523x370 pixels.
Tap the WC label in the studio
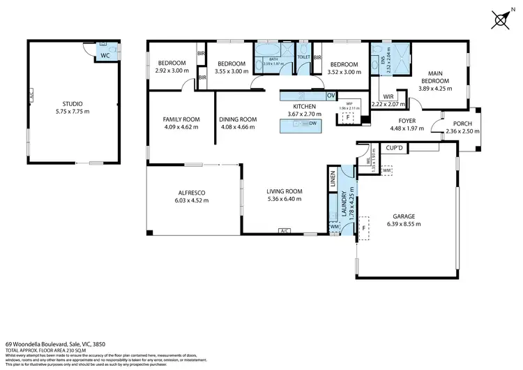pos(104,55)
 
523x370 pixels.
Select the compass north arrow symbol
pos(500,19)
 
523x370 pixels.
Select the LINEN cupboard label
pos(333,181)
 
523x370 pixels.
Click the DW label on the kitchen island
pos(313,124)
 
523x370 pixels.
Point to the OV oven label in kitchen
pos(331,95)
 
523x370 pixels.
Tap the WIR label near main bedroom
pos(388,96)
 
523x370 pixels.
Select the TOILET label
pos(304,57)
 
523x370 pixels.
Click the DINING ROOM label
pos(238,119)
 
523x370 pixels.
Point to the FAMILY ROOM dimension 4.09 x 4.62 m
pos(181,127)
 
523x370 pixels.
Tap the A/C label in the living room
pos(284,230)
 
